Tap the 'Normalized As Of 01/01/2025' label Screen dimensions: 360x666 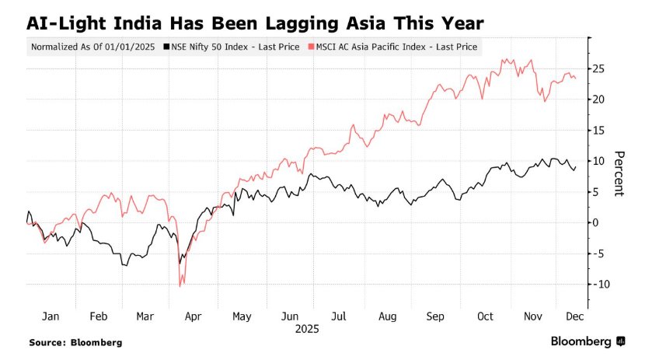(x=92, y=47)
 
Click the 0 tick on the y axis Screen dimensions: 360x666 (x=596, y=222)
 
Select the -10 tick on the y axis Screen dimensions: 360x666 (x=598, y=284)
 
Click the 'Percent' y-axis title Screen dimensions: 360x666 (x=619, y=173)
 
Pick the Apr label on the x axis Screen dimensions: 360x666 (x=193, y=316)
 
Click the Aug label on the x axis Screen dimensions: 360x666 (x=387, y=316)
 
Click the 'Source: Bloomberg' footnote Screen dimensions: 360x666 (x=75, y=342)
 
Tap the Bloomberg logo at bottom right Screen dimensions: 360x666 (x=588, y=341)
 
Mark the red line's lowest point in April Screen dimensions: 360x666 (x=180, y=286)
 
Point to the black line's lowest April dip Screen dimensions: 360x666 (x=180, y=263)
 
